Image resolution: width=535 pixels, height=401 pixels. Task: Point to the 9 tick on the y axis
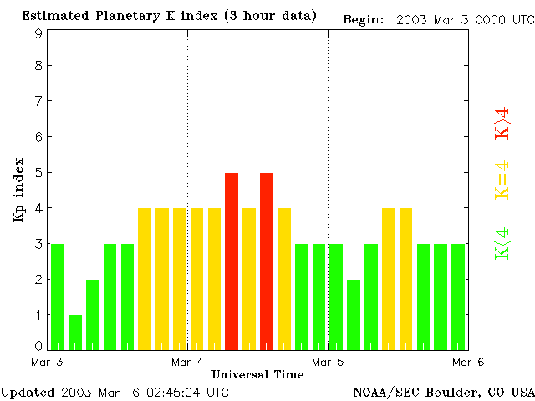point(38,34)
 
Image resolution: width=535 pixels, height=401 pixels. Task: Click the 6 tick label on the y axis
point(38,136)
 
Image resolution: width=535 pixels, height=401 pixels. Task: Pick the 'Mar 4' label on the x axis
point(187,362)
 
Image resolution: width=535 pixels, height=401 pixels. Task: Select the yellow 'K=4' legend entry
point(502,180)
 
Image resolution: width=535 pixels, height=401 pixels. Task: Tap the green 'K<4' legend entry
point(502,243)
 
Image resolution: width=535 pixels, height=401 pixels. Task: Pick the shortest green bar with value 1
point(75,332)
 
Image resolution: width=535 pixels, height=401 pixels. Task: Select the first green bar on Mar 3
point(58,297)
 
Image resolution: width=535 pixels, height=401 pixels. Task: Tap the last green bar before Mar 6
point(458,297)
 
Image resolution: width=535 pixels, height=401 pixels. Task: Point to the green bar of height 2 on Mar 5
point(354,314)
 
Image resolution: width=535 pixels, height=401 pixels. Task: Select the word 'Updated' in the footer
point(28,392)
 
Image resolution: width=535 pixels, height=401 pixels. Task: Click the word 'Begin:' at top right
point(364,19)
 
